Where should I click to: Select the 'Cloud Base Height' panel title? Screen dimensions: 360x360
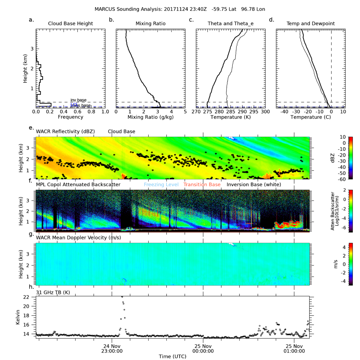pyautogui.click(x=71, y=24)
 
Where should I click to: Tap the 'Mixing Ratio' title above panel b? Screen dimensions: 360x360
pyautogui.click(x=150, y=24)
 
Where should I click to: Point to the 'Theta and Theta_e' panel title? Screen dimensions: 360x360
pyautogui.click(x=230, y=24)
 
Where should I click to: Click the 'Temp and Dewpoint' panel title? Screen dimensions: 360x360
pyautogui.click(x=310, y=24)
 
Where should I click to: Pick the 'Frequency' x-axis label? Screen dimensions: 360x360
pyautogui.click(x=71, y=117)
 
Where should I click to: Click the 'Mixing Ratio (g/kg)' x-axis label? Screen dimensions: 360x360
pyautogui.click(x=150, y=117)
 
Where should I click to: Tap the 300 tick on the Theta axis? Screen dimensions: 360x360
pyautogui.click(x=265, y=112)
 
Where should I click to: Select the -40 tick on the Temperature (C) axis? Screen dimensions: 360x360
pyautogui.click(x=284, y=112)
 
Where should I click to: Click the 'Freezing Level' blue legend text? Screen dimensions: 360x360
pyautogui.click(x=161, y=185)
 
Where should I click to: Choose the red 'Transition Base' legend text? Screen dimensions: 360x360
pyautogui.click(x=202, y=185)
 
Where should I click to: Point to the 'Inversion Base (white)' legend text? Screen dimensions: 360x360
pyautogui.click(x=254, y=185)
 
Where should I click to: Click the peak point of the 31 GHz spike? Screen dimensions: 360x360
pyautogui.click(x=122, y=297)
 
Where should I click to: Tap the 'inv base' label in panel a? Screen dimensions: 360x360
pyautogui.click(x=78, y=100)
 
